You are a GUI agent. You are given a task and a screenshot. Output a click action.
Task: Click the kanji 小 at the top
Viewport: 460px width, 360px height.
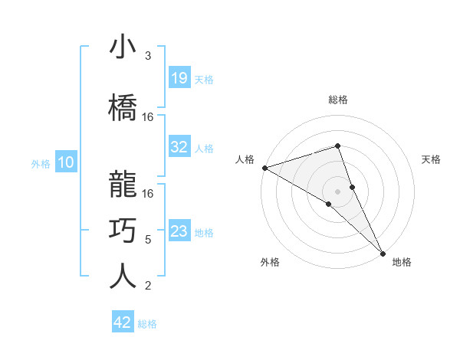coord(123,47)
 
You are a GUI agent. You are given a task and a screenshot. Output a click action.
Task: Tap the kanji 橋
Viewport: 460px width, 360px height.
coord(123,108)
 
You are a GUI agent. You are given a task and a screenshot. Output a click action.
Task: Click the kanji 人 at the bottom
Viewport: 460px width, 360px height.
coord(123,276)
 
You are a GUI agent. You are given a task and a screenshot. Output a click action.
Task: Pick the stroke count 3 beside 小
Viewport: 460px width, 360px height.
coord(148,56)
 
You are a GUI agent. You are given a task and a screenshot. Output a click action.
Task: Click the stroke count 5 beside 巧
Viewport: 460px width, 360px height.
coord(148,240)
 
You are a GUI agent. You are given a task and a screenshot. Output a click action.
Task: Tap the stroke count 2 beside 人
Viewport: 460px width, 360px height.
coord(148,286)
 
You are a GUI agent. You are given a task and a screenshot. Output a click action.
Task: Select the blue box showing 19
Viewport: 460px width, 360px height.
coord(179,78)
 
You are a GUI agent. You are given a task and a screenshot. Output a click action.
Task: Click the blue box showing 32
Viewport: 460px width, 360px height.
coord(179,147)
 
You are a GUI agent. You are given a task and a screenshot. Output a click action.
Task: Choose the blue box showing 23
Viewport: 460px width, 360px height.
coord(179,231)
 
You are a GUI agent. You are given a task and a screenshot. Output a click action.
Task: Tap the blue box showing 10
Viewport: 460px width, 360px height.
coord(65,162)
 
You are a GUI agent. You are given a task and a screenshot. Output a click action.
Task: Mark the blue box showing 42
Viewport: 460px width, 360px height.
coord(123,322)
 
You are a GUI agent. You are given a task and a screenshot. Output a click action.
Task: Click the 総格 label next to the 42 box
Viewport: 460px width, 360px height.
coord(147,324)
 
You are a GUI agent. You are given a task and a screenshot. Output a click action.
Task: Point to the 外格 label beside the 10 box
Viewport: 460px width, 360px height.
coord(41,163)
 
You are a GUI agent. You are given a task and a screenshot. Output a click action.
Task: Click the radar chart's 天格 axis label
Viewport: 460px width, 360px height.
coord(432,159)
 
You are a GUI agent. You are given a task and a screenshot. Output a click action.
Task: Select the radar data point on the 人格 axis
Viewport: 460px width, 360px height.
coord(264,167)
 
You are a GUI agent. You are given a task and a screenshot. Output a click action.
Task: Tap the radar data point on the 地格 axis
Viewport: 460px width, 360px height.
coord(383,252)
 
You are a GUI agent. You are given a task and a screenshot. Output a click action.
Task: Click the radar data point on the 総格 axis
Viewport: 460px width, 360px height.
coord(337,146)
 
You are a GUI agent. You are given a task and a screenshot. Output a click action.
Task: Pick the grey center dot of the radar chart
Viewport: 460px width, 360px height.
coord(337,191)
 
